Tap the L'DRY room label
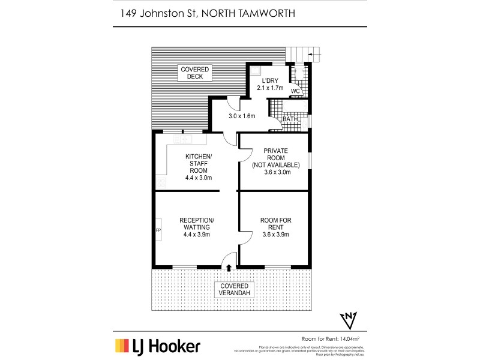coord(270,83)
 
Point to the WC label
coord(295,91)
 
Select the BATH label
coord(290,119)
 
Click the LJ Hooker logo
coord(158,346)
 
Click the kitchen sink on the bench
coord(183,139)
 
